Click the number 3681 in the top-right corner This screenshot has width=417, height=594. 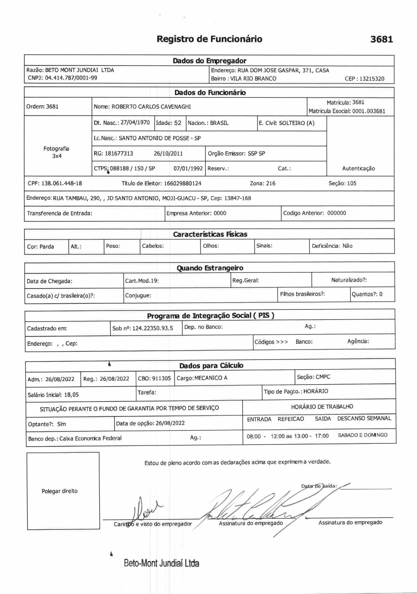click(x=381, y=39)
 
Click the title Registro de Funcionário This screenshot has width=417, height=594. click(x=209, y=39)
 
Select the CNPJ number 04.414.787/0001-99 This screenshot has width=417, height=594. click(x=71, y=78)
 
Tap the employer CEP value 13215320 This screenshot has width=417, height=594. click(x=372, y=79)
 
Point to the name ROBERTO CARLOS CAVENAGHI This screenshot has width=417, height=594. click(x=151, y=107)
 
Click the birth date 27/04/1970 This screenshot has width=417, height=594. click(x=135, y=122)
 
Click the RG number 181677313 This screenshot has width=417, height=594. click(x=119, y=153)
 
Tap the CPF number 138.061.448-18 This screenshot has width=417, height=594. click(x=62, y=183)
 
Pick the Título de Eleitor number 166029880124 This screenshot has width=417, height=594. click(x=182, y=183)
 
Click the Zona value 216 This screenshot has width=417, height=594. click(x=271, y=183)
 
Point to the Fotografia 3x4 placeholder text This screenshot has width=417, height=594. click(x=56, y=152)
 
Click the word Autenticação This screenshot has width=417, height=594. click(x=358, y=168)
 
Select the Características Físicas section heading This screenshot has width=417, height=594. click(x=210, y=234)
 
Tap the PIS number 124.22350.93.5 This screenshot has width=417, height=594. click(x=152, y=328)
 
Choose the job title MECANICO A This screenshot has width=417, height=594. click(x=211, y=378)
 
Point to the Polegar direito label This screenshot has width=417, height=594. click(x=59, y=491)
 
